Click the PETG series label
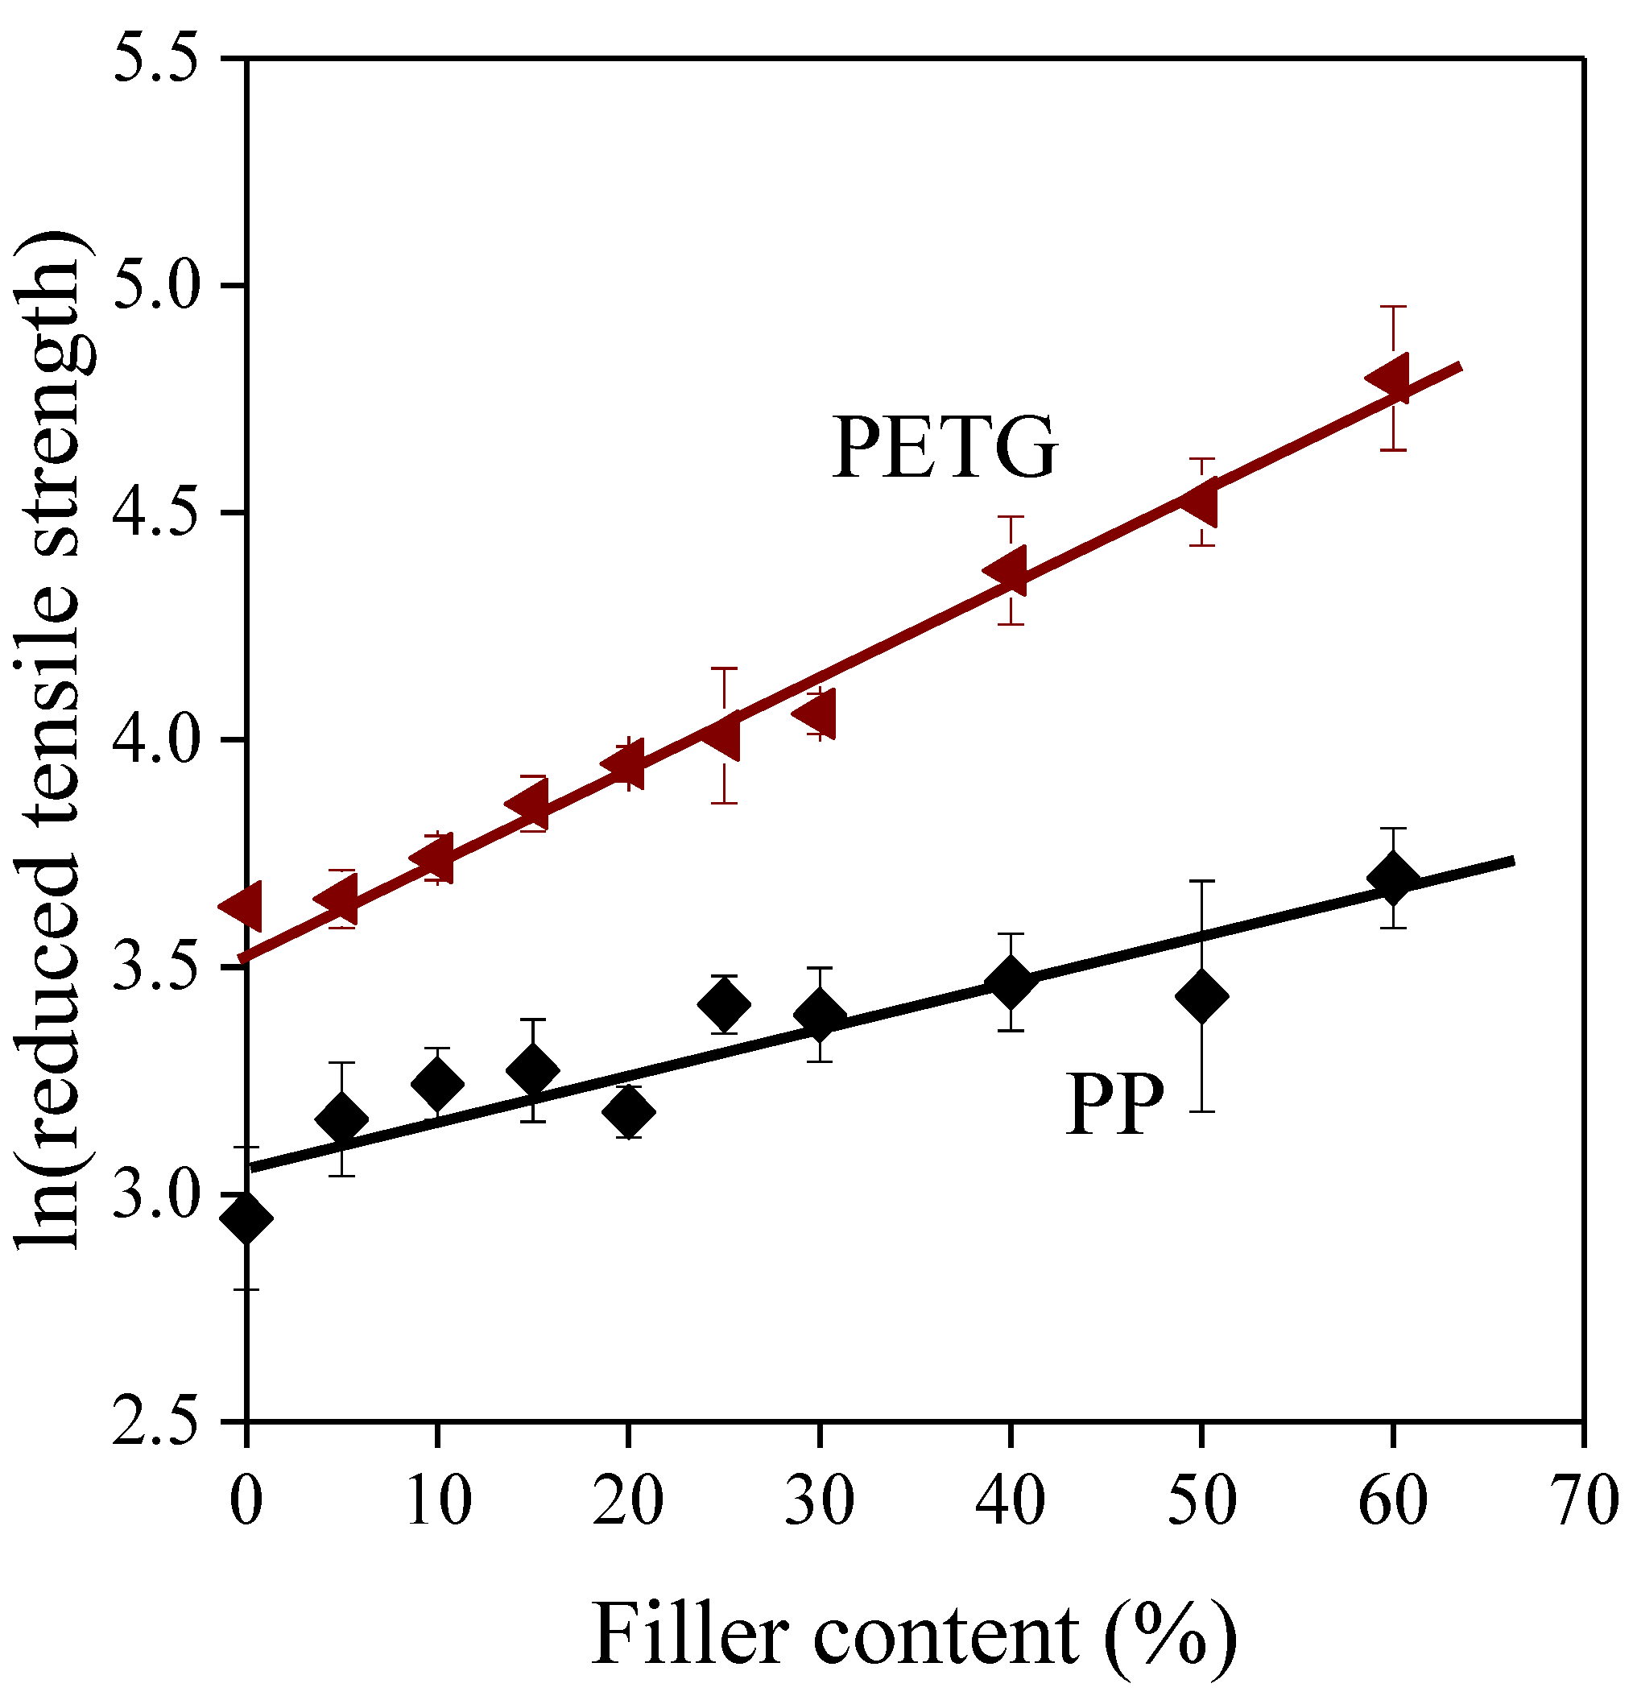945,449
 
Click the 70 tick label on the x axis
1583,1500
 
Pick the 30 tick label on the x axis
818,1500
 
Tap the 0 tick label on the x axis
246,1500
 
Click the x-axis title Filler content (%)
914,1635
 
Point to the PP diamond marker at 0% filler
246,1218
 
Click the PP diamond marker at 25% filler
723,1005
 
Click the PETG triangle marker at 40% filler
1007,572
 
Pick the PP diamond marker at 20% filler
628,1112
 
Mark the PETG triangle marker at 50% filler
1201,503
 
